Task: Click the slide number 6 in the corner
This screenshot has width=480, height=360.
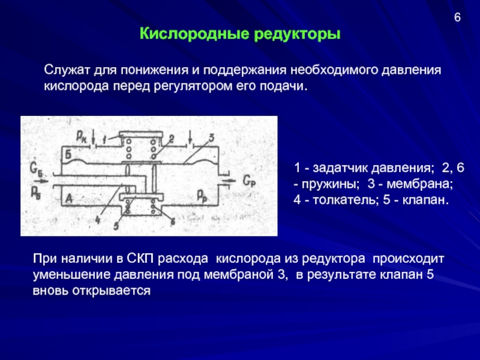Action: pos(457,17)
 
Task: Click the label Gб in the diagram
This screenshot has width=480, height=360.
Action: pos(35,169)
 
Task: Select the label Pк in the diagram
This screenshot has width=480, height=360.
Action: pos(80,137)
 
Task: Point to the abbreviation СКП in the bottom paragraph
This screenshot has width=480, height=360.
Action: pos(142,260)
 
